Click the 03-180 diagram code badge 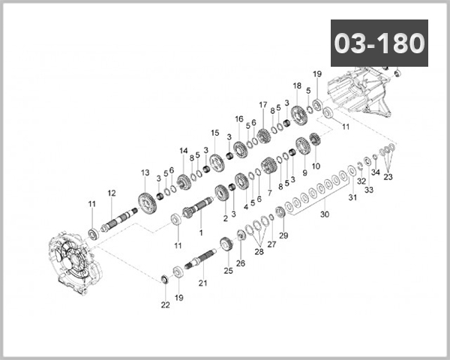point(379,43)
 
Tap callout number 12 point(112,193)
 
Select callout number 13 point(145,172)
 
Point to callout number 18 point(297,85)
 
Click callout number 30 point(325,214)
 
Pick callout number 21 point(202,283)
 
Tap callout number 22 point(165,305)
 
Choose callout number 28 point(259,252)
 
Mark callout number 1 point(201,232)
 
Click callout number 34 point(376,172)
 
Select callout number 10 point(316,166)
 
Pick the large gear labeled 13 point(147,203)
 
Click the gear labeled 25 point(227,246)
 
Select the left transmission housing point(76,262)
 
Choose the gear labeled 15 point(217,163)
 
